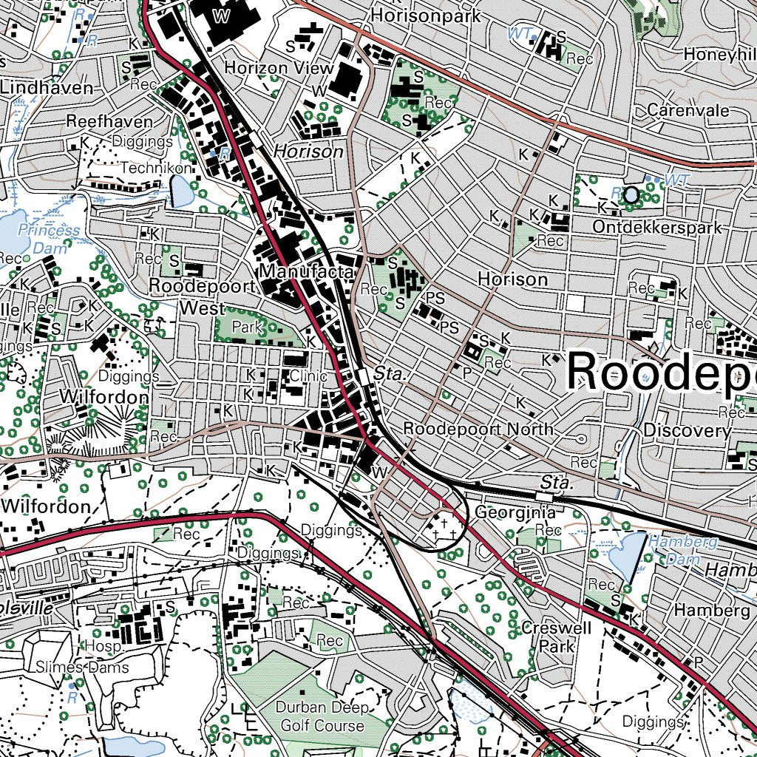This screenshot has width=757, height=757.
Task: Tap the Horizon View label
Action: pos(279,68)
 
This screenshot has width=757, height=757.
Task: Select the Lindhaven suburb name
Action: pos(47,88)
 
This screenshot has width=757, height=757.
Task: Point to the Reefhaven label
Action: pos(109,121)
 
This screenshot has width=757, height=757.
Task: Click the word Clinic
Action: pos(308,376)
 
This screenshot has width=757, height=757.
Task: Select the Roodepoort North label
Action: pos(478,430)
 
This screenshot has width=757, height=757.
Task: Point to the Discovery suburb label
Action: pos(688,430)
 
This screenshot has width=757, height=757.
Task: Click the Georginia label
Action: pos(515,512)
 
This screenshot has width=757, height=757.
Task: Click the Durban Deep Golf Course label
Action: pos(322,716)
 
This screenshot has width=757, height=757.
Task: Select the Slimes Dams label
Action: pos(82,668)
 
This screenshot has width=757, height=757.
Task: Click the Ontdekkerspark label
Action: pos(656,227)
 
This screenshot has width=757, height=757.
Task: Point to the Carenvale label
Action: pos(688,110)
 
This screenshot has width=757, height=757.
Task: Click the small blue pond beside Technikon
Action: pos(180,193)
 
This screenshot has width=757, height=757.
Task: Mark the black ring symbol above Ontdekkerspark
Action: pos(631,195)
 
